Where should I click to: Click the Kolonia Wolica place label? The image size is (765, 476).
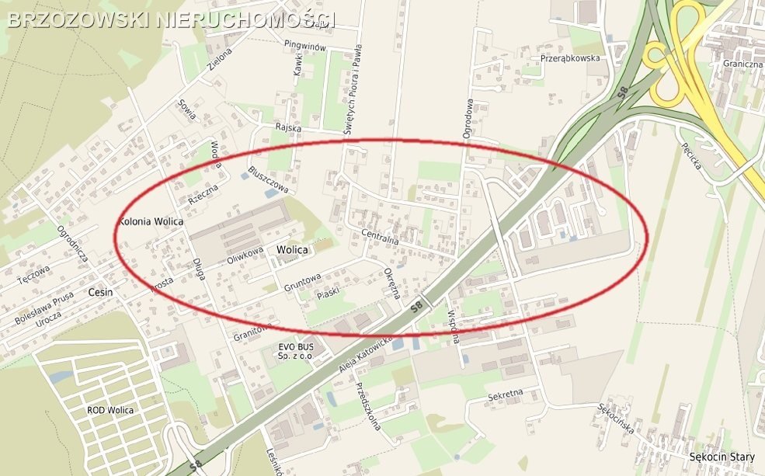tap(151, 222)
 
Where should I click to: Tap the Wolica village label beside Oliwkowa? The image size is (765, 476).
tap(292, 250)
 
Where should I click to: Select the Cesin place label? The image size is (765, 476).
tap(101, 293)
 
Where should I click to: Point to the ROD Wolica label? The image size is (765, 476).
tap(110, 410)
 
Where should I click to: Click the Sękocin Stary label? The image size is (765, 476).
tap(722, 457)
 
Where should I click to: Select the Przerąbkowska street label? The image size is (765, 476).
tap(570, 58)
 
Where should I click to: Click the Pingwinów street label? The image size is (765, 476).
tap(307, 47)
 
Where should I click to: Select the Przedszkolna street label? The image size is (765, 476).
tap(369, 408)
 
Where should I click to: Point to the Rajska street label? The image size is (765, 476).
tap(287, 127)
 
